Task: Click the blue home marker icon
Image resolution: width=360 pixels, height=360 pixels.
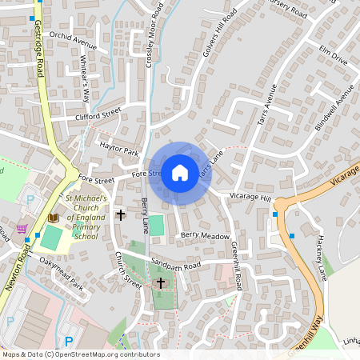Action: [180, 172]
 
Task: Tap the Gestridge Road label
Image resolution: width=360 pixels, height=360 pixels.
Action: [38, 46]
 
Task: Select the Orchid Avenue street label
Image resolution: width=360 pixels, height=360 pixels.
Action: [72, 41]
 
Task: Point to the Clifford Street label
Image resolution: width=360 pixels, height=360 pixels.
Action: [98, 114]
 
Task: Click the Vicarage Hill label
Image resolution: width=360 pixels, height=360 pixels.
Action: [251, 196]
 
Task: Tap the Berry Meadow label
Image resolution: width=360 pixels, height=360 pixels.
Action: [205, 235]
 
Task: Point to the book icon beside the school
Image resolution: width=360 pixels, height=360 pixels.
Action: [54, 217]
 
